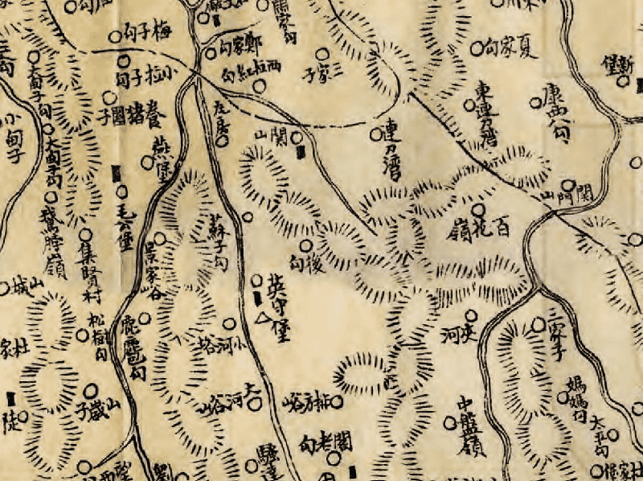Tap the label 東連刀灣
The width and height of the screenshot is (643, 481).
point(483,111)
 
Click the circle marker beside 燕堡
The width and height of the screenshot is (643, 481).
point(146,162)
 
